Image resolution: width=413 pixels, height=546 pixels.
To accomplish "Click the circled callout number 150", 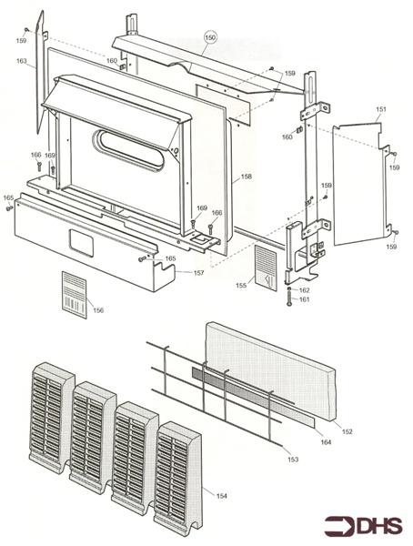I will click(210, 37).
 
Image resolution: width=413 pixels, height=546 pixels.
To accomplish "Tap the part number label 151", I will click(381, 109).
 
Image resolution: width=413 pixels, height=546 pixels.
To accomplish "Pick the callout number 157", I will click(198, 272).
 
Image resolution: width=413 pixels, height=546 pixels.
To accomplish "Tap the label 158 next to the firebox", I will click(246, 177).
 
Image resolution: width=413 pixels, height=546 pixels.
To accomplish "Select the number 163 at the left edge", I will click(21, 61).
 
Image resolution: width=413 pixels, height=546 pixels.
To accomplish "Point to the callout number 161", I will click(305, 299).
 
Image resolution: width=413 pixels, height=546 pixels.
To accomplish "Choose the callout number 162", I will click(305, 289).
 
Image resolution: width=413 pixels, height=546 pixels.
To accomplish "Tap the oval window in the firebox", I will click(132, 147).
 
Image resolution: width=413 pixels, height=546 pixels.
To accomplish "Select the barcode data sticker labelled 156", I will click(75, 294).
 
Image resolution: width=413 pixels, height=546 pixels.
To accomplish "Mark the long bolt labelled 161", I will click(288, 300).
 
